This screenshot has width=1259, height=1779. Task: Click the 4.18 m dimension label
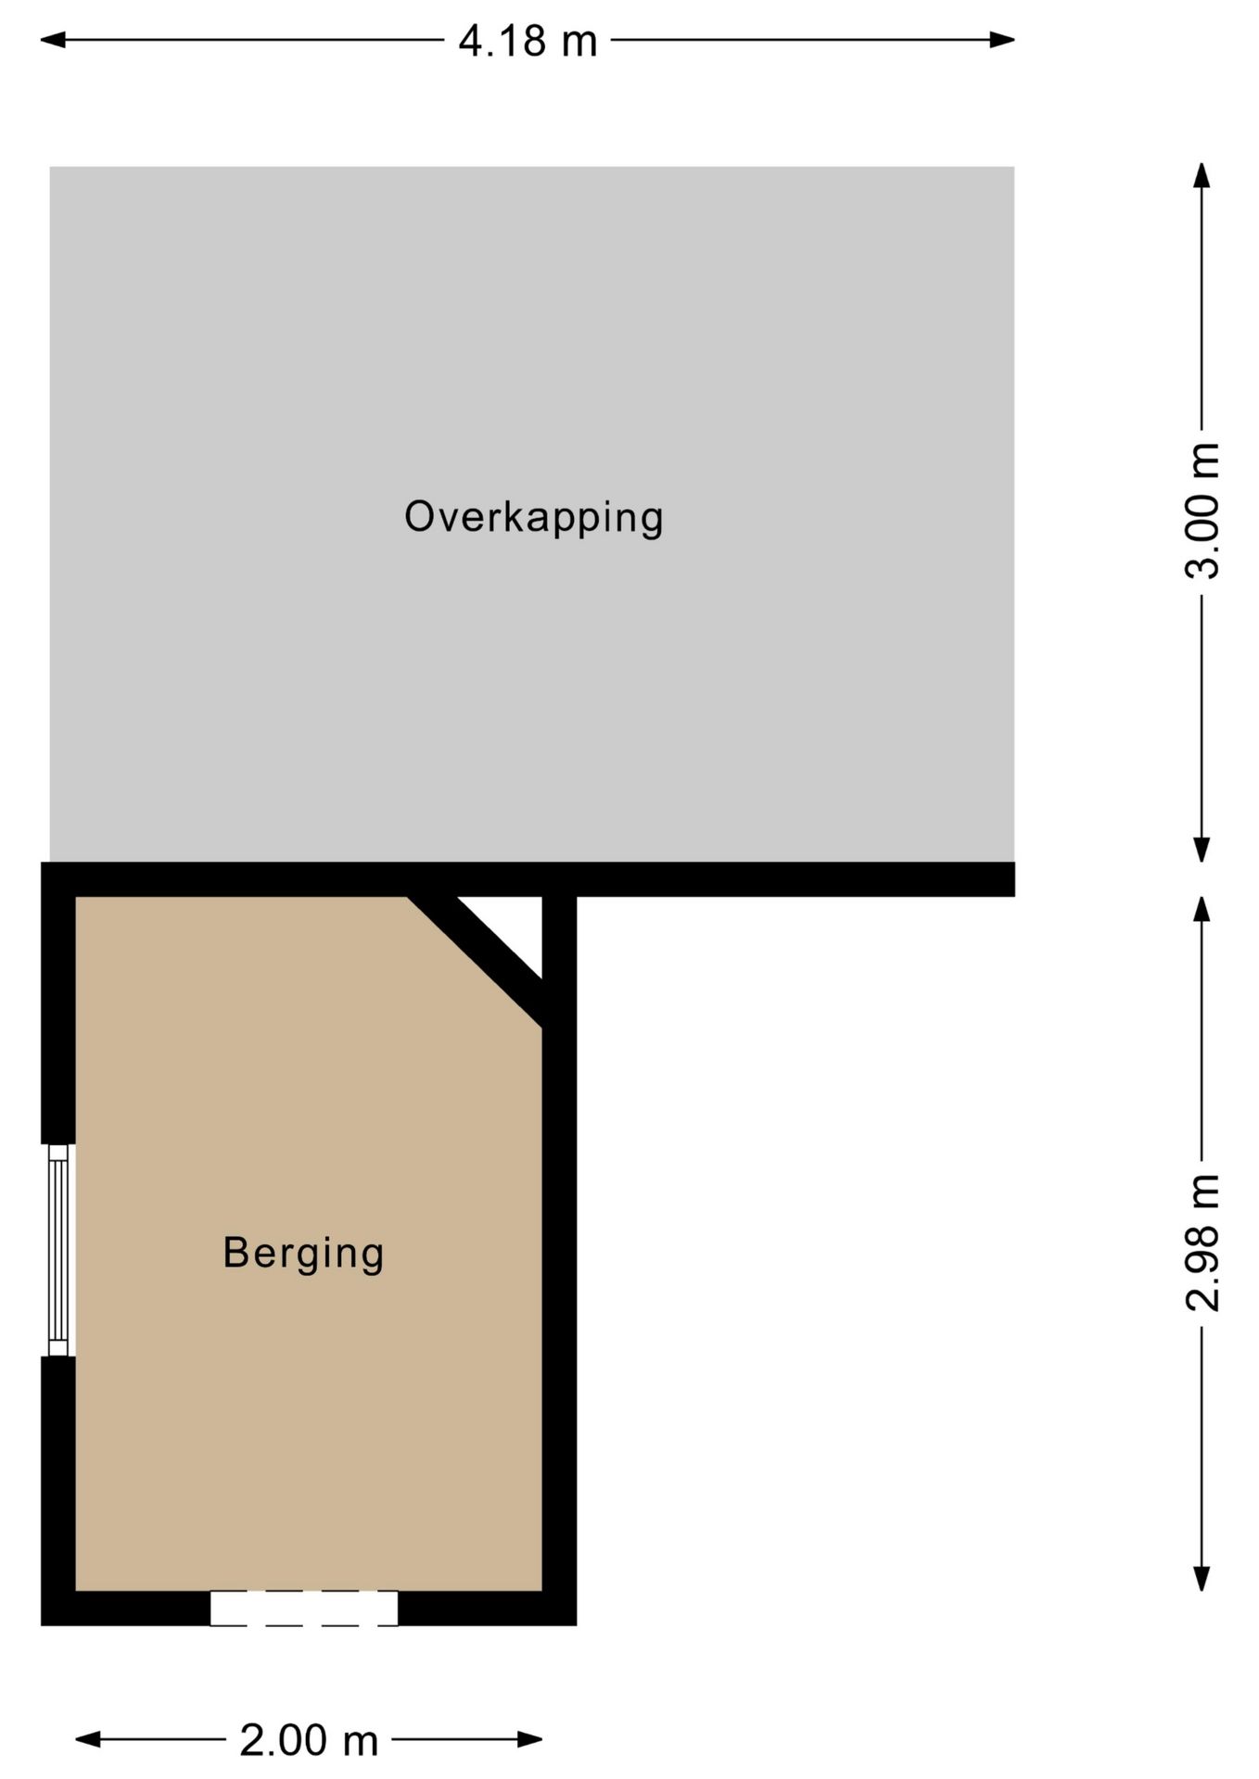click(x=528, y=42)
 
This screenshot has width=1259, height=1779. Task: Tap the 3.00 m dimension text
click(x=1202, y=511)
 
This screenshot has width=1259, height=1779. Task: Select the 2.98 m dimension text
click(x=1202, y=1243)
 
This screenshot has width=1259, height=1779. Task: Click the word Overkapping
click(x=534, y=517)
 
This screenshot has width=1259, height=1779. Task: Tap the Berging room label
click(x=303, y=1254)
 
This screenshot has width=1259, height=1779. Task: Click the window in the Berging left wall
click(x=58, y=1250)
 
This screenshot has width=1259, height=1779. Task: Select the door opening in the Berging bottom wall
click(x=304, y=1609)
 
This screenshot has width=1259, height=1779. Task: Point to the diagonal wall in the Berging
click(x=476, y=962)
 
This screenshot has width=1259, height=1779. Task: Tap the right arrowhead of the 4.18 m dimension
click(x=1002, y=40)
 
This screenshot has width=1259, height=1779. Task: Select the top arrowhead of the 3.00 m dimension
click(x=1202, y=175)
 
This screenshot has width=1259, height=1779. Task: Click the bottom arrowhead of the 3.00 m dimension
click(x=1202, y=850)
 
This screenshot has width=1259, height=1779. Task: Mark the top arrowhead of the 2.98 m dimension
click(x=1202, y=909)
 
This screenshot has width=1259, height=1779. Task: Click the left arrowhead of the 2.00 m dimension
click(x=87, y=1740)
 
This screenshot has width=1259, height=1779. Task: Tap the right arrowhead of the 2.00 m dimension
click(x=530, y=1740)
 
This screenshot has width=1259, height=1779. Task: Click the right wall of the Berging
click(x=559, y=1260)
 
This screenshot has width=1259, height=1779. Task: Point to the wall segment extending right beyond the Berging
click(x=795, y=879)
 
